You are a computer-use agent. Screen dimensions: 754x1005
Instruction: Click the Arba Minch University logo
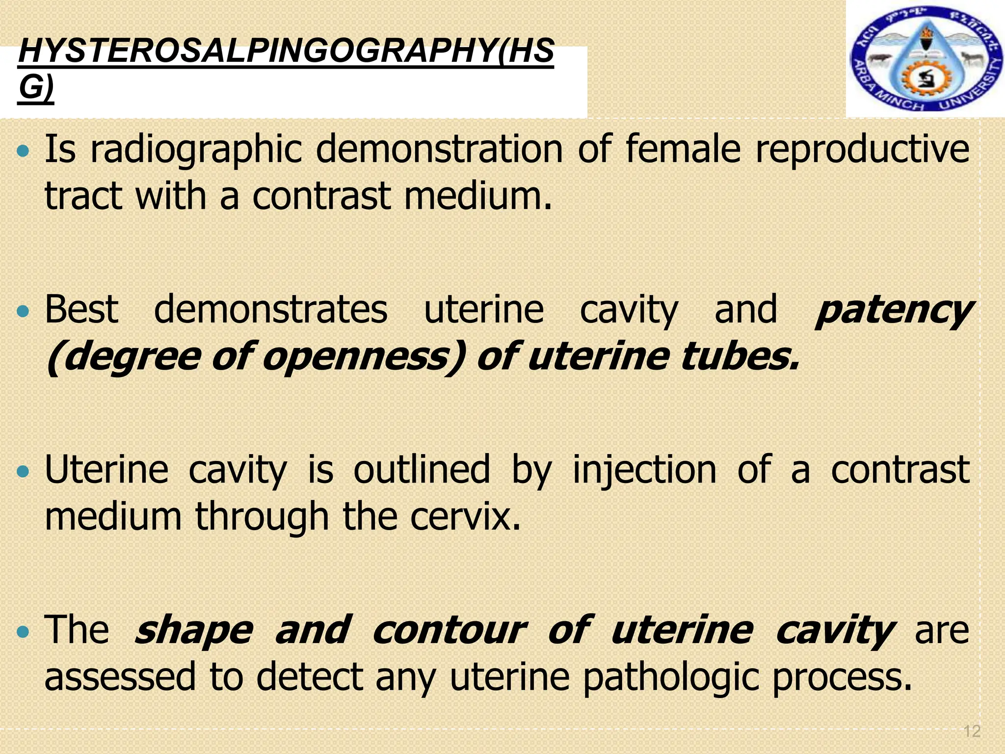pos(925,59)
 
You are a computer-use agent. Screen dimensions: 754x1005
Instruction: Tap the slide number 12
pos(972,731)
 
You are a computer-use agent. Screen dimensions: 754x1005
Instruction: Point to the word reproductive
pos(862,150)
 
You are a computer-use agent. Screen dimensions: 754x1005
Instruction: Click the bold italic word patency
pos(893,311)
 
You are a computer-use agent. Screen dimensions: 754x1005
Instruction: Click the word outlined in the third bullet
pos(422,470)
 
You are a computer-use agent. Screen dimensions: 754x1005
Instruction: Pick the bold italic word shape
pos(194,631)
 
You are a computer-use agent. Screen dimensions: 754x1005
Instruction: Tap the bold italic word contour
pos(449,630)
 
